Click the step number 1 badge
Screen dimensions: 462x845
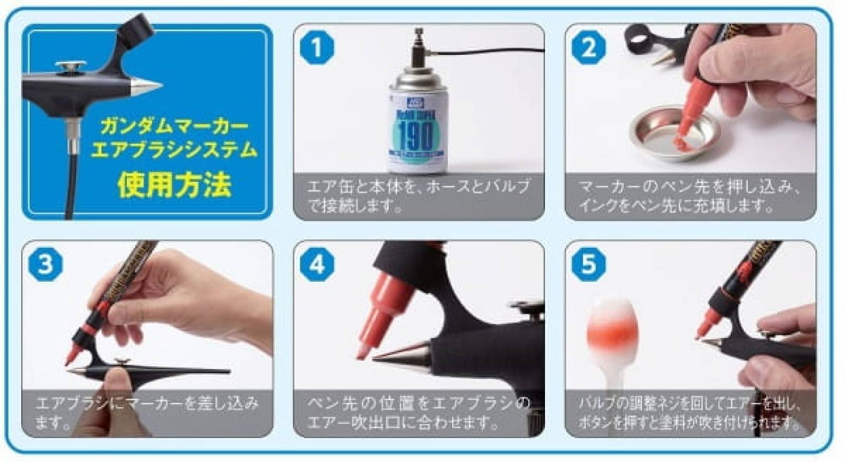[x=317, y=48]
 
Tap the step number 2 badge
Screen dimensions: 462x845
[x=588, y=48]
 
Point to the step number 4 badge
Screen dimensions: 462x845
[x=317, y=264]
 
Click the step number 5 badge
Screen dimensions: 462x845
[x=588, y=264]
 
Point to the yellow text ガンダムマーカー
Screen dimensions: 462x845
[x=174, y=127]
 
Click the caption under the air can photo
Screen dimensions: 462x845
[x=418, y=196]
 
